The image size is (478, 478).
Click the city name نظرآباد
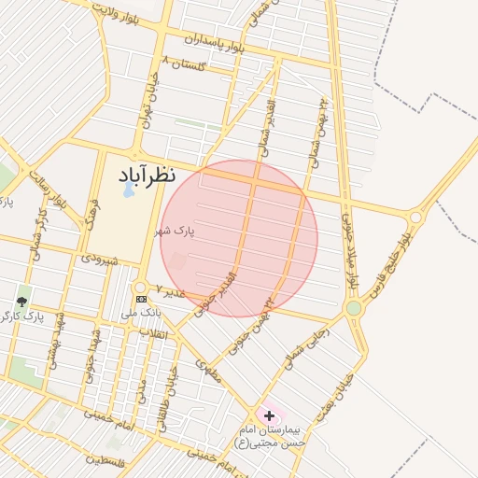click(147, 175)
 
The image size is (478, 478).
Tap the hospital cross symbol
click(270, 415)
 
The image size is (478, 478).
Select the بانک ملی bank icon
click(141, 299)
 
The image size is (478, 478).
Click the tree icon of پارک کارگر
click(21, 302)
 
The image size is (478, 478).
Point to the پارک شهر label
click(176, 230)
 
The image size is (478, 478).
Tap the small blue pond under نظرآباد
click(127, 190)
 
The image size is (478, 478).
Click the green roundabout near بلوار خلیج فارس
click(354, 307)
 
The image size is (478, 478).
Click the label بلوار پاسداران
click(216, 41)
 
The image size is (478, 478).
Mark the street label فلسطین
click(105, 459)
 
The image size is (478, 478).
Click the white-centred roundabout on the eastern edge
click(415, 217)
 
